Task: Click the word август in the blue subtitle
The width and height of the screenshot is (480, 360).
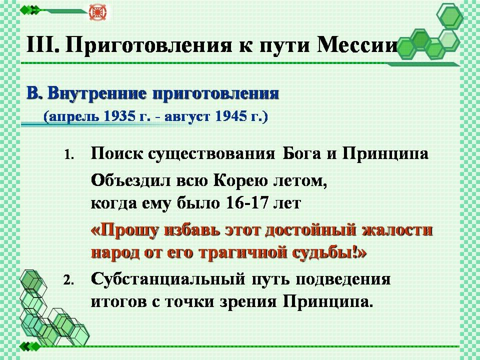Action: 187,117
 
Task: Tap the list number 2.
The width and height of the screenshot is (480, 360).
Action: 68,280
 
